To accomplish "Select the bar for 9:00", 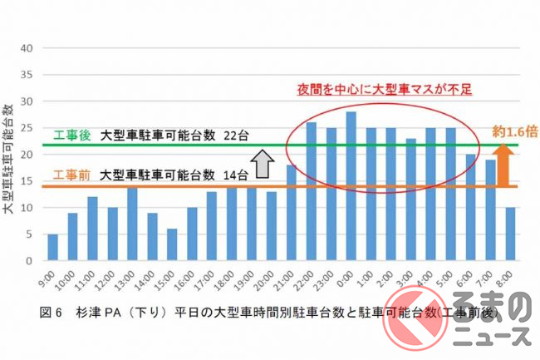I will pyautogui.click(x=53, y=247).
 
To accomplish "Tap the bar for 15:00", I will pyautogui.click(x=172, y=244).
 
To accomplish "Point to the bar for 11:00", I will pyautogui.click(x=93, y=229).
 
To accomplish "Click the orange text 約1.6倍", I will pyautogui.click(x=513, y=131).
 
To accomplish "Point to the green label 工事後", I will pyautogui.click(x=71, y=136).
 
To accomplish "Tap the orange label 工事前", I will pyautogui.click(x=71, y=175).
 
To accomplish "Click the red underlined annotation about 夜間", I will pyautogui.click(x=385, y=87).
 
